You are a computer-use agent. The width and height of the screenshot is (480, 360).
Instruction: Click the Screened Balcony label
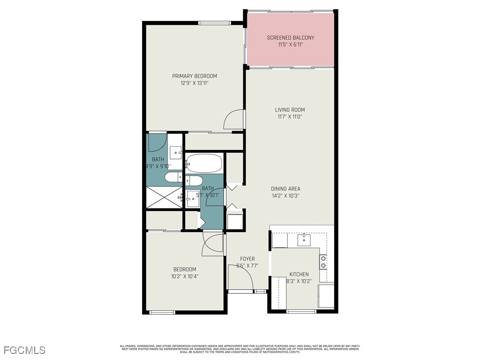290,37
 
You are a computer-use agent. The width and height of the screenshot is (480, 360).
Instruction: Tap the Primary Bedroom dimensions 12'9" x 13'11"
194,83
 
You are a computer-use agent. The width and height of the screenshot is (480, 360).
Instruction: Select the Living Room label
290,110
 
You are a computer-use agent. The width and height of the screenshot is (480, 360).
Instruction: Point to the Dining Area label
285,189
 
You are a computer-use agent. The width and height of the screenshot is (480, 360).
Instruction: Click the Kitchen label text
299,274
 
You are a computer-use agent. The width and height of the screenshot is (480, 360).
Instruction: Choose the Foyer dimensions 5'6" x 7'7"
247,266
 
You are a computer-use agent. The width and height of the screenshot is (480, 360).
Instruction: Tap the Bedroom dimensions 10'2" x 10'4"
184,276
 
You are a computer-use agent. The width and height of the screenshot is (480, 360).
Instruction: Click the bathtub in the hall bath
203,163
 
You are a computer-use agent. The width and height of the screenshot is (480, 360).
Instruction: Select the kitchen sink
304,240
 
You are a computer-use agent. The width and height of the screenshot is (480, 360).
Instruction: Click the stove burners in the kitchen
323,262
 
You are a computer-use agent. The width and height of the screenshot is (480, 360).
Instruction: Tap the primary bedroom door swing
234,120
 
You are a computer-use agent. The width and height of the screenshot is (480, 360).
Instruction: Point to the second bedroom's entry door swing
212,244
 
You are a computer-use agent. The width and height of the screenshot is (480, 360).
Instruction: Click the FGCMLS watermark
24,350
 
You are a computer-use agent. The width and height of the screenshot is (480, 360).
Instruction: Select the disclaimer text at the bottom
240,348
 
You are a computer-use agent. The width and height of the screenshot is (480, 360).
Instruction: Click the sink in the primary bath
176,152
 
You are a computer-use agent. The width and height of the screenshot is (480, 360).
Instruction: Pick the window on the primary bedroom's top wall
215,22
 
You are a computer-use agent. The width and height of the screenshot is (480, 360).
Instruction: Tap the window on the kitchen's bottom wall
301,311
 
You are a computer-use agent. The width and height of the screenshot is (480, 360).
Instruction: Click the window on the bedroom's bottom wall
162,312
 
